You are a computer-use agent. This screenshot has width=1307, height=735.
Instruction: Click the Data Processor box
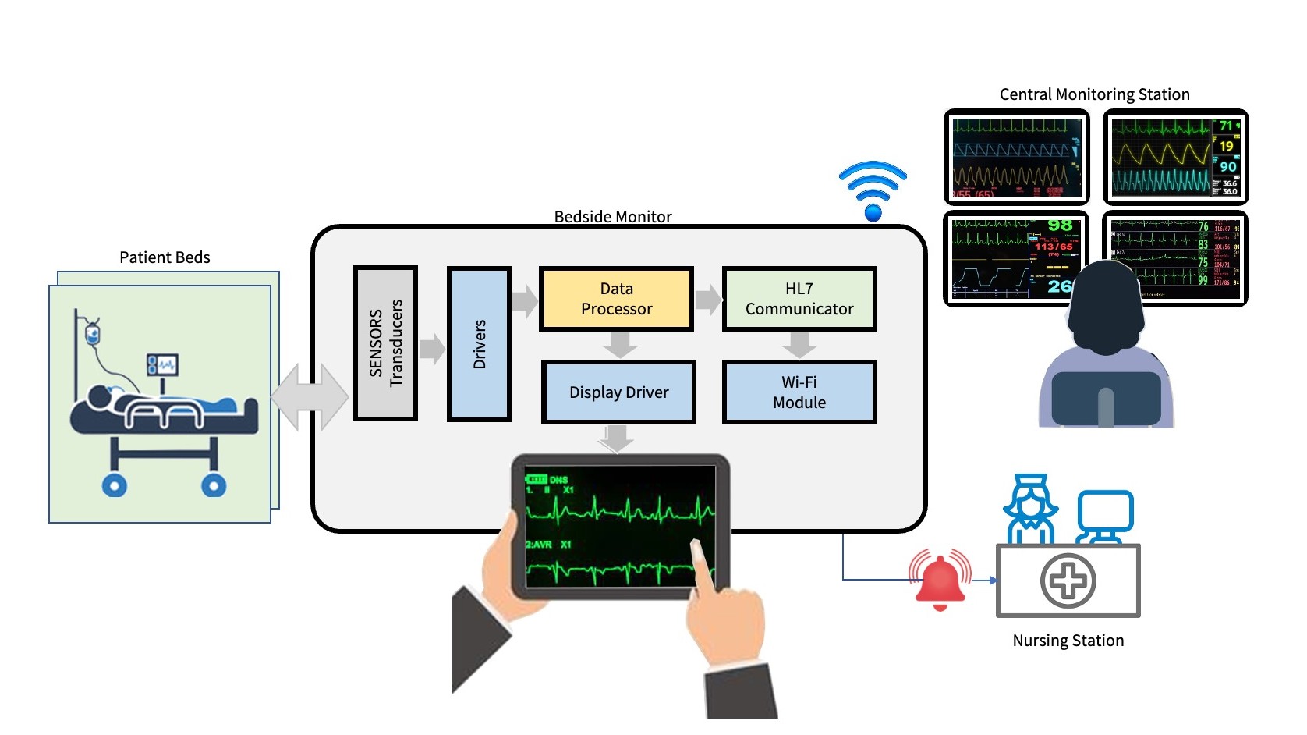pyautogui.click(x=616, y=299)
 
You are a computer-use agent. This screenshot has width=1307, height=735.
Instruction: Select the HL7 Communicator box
pyautogui.click(x=799, y=299)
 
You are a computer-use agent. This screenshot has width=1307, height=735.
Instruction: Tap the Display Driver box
pyautogui.click(x=618, y=392)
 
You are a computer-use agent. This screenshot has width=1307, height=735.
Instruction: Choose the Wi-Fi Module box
pyautogui.click(x=799, y=392)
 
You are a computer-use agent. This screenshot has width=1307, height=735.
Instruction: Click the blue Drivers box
pyautogui.click(x=479, y=344)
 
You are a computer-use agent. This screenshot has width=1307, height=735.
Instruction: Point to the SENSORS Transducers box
pyautogui.click(x=385, y=343)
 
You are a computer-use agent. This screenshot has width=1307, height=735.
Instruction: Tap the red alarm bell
pyautogui.click(x=940, y=581)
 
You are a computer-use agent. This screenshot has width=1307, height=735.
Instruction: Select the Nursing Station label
pyautogui.click(x=1068, y=641)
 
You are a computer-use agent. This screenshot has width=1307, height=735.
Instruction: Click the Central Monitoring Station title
pyautogui.click(x=1094, y=94)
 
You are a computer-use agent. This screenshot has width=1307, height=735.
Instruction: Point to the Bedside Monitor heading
pyautogui.click(x=613, y=216)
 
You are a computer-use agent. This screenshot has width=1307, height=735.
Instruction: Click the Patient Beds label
pyautogui.click(x=165, y=257)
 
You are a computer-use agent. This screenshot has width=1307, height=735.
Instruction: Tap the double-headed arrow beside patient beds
pyautogui.click(x=310, y=397)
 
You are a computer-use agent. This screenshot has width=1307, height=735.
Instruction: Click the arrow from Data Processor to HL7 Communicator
pyautogui.click(x=708, y=300)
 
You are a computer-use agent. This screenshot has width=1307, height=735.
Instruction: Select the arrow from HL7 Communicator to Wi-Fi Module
pyautogui.click(x=799, y=344)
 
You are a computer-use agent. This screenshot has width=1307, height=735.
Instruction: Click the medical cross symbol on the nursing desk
pyautogui.click(x=1068, y=581)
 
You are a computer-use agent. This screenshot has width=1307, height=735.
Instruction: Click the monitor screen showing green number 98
pyautogui.click(x=1015, y=257)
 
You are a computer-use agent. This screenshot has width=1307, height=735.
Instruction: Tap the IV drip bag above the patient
pyautogui.click(x=93, y=333)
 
